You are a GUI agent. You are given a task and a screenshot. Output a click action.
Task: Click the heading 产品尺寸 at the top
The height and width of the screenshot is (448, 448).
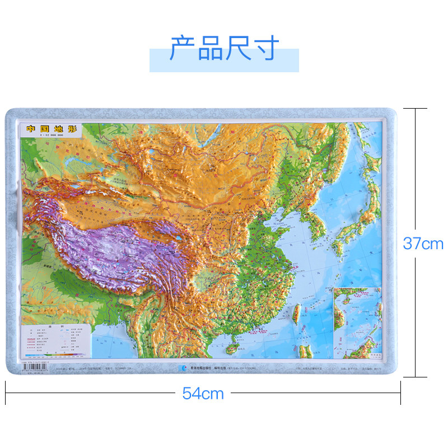(224, 49)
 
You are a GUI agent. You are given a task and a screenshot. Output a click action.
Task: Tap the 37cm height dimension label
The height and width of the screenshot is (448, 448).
(423, 244)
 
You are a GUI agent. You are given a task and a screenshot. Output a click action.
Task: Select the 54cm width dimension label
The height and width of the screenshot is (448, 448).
(203, 394)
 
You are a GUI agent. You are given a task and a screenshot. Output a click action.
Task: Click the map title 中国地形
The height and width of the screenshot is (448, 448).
(50, 128)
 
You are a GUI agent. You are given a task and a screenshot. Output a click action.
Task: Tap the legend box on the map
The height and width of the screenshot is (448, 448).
(55, 340)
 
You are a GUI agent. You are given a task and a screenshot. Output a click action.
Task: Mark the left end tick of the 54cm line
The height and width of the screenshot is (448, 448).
(6, 393)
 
